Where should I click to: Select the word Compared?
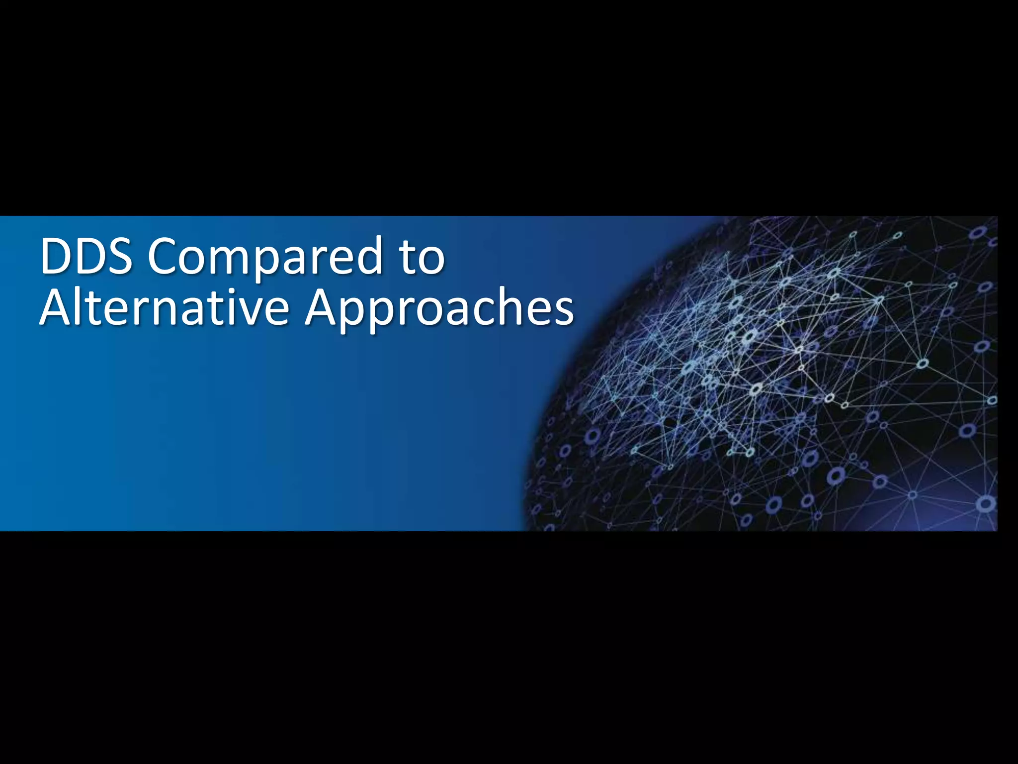(266, 258)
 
